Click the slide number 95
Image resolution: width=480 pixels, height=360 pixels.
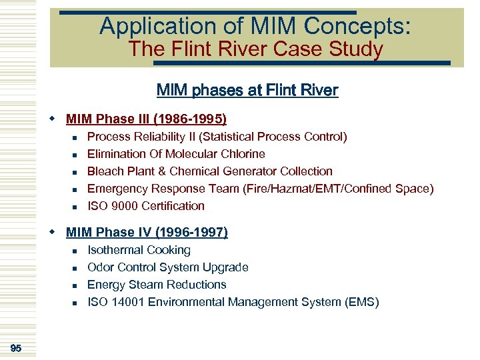pyautogui.click(x=16, y=348)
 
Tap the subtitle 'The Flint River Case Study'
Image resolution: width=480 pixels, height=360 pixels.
pyautogui.click(x=255, y=49)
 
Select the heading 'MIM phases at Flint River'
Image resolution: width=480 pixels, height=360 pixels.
pyautogui.click(x=247, y=90)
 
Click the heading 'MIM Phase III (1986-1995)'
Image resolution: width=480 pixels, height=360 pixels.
pyautogui.click(x=146, y=119)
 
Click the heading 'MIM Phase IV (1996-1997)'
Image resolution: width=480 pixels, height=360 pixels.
pyautogui.click(x=147, y=233)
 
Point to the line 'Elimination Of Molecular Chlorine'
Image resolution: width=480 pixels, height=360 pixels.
pyautogui.click(x=176, y=154)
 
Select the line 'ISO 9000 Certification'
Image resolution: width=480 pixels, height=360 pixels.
pyautogui.click(x=146, y=206)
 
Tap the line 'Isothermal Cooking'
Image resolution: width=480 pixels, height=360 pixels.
pyautogui.click(x=139, y=250)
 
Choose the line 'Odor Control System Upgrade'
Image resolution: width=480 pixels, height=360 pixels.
pyautogui.click(x=168, y=267)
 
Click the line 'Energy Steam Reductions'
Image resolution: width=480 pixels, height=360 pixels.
pyautogui.click(x=157, y=285)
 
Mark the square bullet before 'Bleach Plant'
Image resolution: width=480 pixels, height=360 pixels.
pyautogui.click(x=75, y=172)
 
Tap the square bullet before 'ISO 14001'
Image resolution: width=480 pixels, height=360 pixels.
pyautogui.click(x=75, y=303)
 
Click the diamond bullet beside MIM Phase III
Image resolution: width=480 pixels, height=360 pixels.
pyautogui.click(x=53, y=119)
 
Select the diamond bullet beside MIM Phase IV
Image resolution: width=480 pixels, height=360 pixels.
pyautogui.click(x=53, y=233)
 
